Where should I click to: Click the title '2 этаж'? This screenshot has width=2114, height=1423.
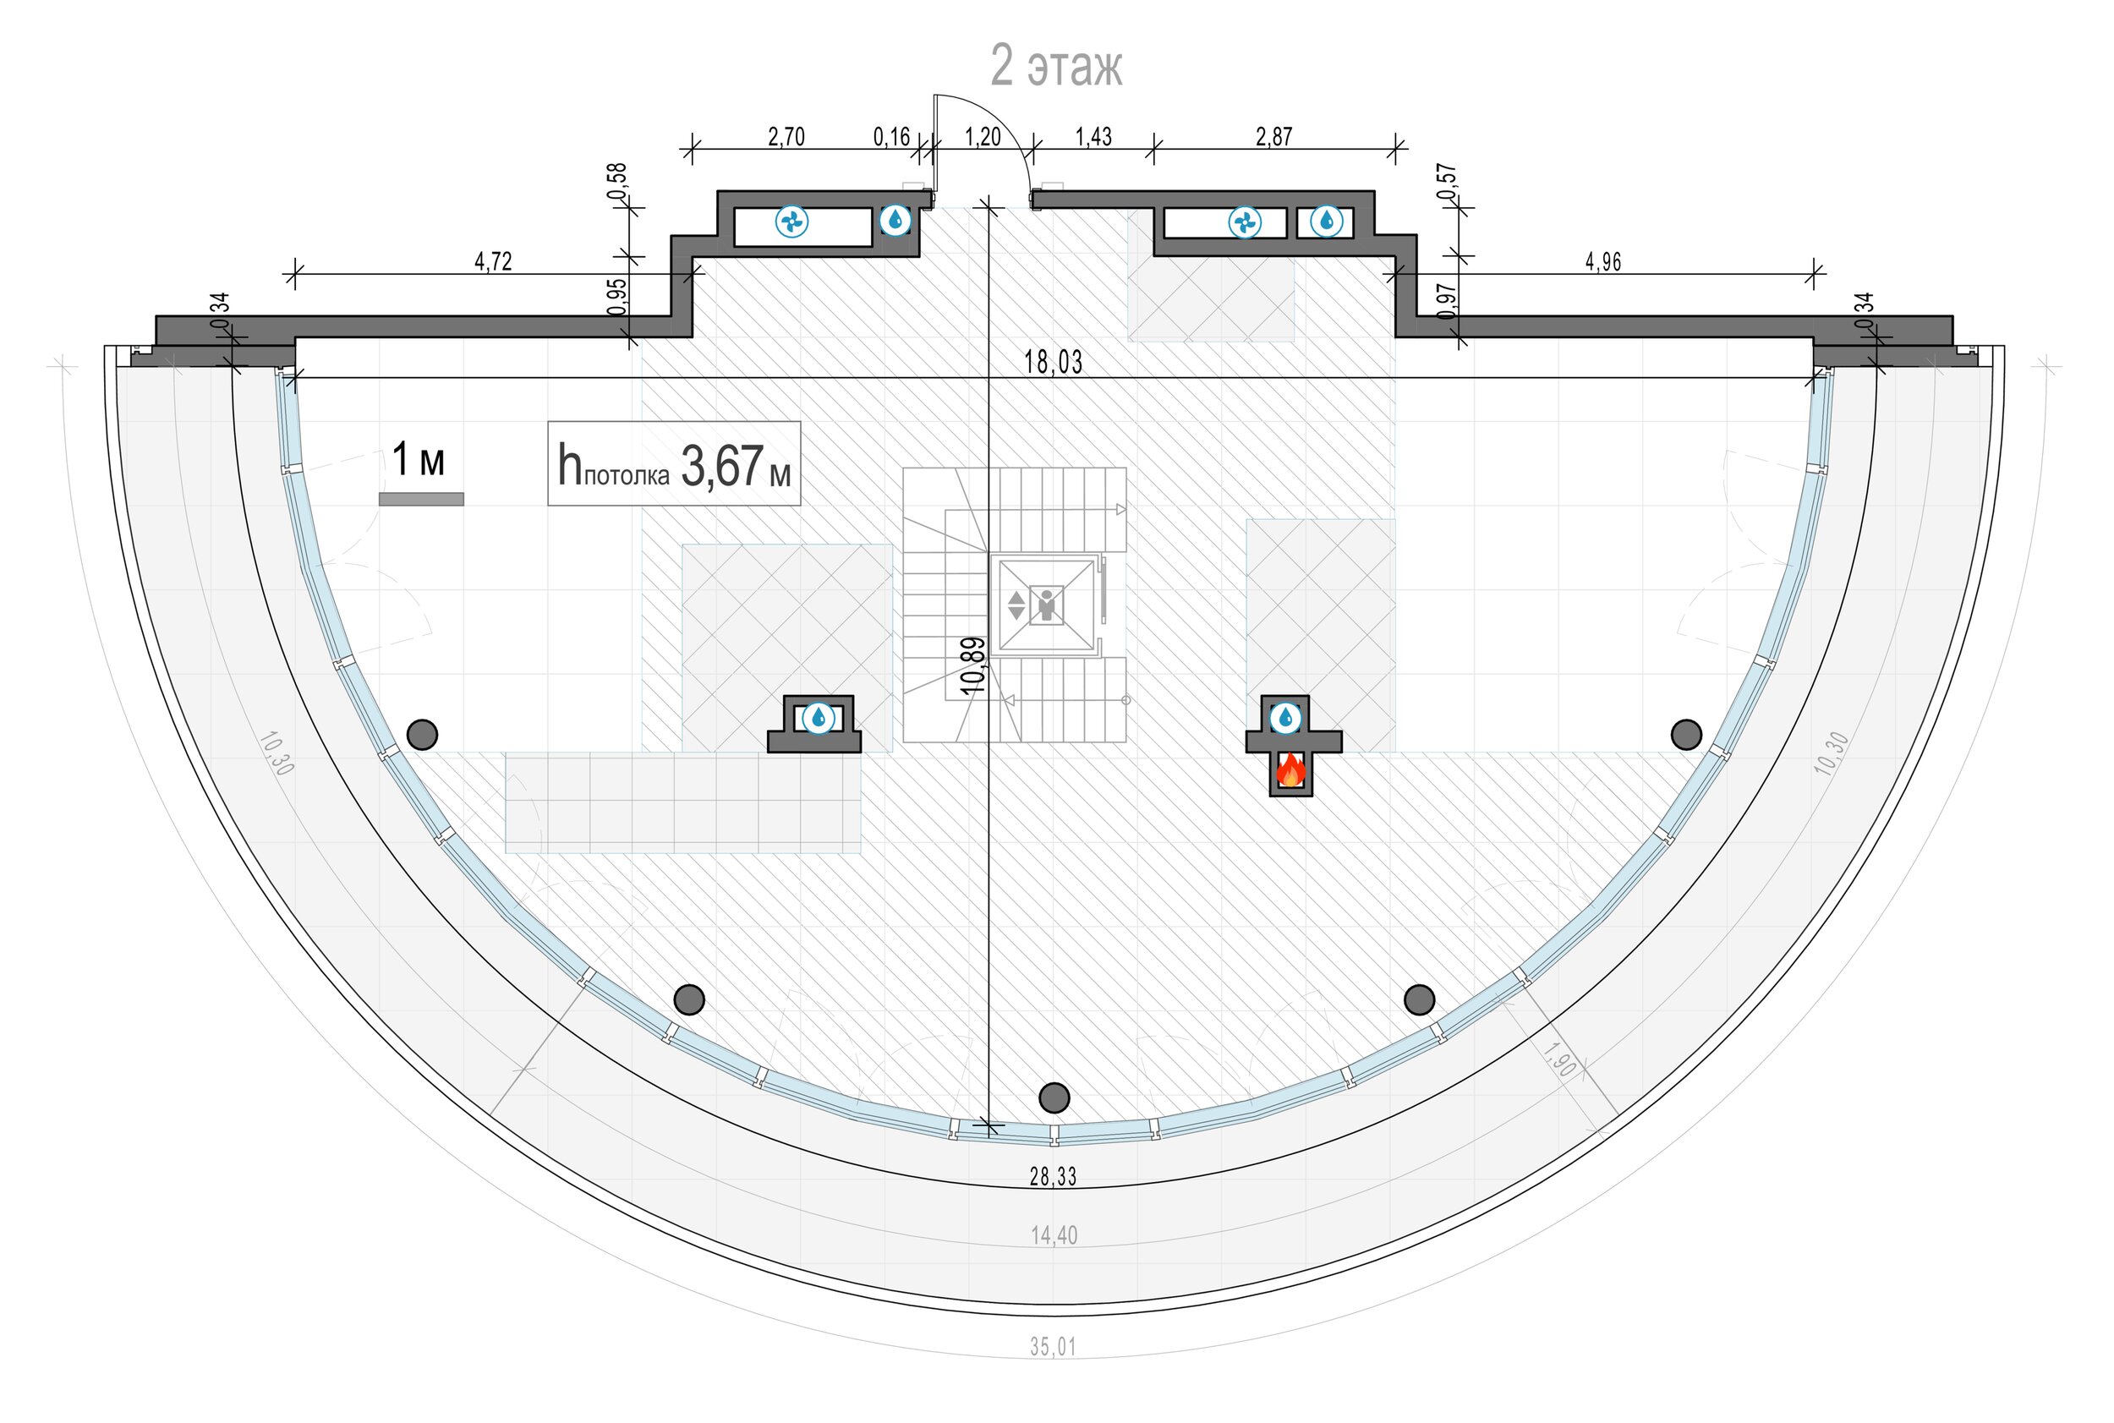(1055, 65)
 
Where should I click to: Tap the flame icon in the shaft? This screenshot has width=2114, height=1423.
(1290, 771)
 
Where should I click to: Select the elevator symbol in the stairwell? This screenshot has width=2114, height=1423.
(1047, 605)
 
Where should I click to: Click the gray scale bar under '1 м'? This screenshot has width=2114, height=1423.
(421, 499)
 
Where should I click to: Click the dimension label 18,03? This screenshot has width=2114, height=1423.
(1053, 362)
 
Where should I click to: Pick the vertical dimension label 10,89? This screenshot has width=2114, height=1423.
(972, 665)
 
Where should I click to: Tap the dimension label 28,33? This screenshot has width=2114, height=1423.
(1053, 1176)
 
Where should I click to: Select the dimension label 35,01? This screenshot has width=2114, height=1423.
(1053, 1347)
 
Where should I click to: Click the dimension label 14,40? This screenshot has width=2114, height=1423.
(1054, 1235)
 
